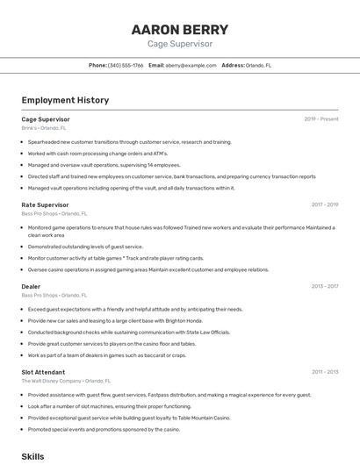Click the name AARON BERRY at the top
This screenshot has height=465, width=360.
click(x=179, y=29)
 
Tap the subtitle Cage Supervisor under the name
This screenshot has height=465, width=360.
click(x=179, y=43)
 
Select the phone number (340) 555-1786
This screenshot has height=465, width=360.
click(x=126, y=65)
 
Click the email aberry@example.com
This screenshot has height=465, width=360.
click(x=191, y=65)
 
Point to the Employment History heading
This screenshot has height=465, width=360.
click(x=65, y=100)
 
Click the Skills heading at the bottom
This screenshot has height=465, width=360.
click(x=32, y=456)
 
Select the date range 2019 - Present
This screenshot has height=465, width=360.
click(x=321, y=118)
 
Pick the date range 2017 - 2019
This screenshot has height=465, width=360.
click(x=324, y=204)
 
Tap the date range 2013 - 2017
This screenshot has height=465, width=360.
click(x=324, y=286)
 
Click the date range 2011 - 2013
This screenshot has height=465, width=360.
click(x=324, y=372)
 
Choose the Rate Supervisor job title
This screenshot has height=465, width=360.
click(x=45, y=204)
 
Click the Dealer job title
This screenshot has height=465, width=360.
click(x=31, y=286)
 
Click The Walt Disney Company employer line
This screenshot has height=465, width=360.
click(x=66, y=381)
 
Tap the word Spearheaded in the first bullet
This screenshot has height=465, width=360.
click(x=45, y=141)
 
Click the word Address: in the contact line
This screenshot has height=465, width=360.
click(x=233, y=65)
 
